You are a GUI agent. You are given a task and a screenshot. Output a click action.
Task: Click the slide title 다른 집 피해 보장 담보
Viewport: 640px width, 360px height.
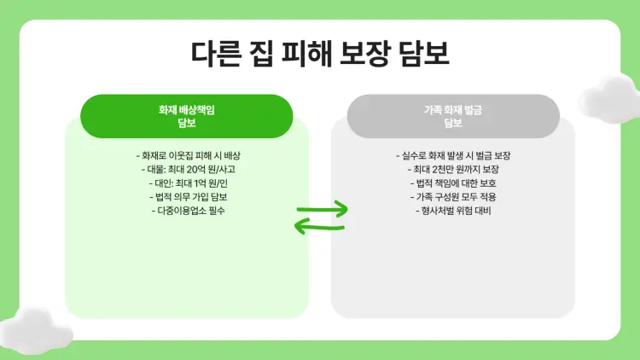(320, 52)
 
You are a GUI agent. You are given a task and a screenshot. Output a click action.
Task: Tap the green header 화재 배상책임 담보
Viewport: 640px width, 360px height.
(186, 116)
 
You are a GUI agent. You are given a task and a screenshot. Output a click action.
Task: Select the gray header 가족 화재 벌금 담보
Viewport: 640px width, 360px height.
(453, 116)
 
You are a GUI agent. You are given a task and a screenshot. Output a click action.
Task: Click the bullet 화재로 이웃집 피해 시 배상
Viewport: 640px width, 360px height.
(186, 156)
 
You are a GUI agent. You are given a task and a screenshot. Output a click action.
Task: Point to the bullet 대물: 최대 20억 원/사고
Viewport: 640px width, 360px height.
(186, 170)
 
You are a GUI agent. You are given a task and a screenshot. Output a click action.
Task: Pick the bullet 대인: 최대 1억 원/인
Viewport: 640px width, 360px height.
(186, 183)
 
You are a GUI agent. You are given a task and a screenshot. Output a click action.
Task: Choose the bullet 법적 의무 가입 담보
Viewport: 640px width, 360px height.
(186, 197)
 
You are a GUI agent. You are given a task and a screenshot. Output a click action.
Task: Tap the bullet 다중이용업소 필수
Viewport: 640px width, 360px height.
(186, 211)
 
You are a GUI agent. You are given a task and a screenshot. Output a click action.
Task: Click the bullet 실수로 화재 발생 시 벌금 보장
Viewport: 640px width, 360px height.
(453, 156)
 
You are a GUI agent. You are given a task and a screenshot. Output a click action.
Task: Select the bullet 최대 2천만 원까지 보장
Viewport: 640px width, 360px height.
(453, 170)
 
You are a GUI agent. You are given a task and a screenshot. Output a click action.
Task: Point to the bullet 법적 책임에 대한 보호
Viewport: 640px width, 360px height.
(453, 183)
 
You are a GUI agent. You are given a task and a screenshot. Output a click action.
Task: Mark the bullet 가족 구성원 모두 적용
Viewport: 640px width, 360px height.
(453, 197)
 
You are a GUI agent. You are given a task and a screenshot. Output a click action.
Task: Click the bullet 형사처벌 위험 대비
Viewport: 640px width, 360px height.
(453, 211)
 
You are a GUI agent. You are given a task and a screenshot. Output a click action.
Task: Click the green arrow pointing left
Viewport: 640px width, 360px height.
(317, 226)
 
